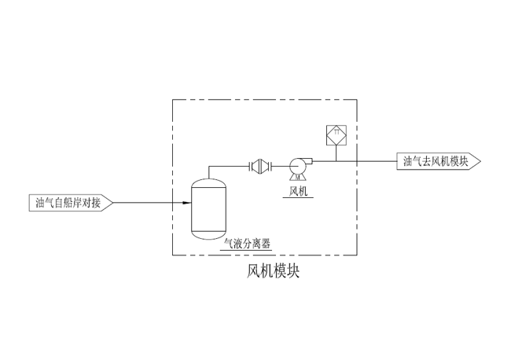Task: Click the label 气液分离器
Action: pyautogui.click(x=248, y=244)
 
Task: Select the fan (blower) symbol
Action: pyautogui.click(x=298, y=166)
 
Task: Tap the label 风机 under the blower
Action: pyautogui.click(x=298, y=190)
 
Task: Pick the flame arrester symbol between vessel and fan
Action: pyautogui.click(x=259, y=166)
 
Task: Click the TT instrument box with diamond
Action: pyautogui.click(x=336, y=134)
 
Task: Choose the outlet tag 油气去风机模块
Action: pyautogui.click(x=436, y=161)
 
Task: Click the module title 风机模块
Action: pyautogui.click(x=274, y=271)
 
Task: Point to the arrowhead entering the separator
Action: pyautogui.click(x=187, y=203)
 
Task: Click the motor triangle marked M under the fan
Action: pyautogui.click(x=298, y=178)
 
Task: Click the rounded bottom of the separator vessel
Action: pyautogui.click(x=208, y=235)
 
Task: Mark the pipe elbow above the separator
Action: pyautogui.click(x=209, y=167)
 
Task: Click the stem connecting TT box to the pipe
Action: pyautogui.click(x=336, y=152)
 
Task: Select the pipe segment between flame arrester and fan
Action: pyautogui.click(x=280, y=166)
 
